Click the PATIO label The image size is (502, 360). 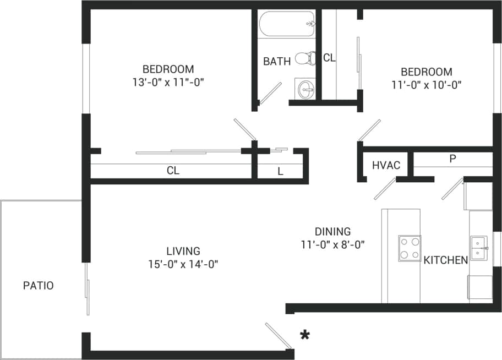coord(38,286)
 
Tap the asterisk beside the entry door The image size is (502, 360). coord(303,335)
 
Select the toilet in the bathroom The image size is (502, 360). coord(305,58)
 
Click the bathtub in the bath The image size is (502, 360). coord(286,24)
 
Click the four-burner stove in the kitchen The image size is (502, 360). coord(410,247)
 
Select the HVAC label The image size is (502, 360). coord(386,166)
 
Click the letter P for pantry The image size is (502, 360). coord(452,159)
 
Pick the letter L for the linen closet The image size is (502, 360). coord(280,171)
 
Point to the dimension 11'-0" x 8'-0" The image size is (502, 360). coord(332,244)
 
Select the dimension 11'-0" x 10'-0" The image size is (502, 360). coord(426,85)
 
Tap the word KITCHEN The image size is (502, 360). coord(445,260)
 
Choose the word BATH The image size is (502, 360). coord(276,61)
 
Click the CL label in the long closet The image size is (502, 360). coord(173,171)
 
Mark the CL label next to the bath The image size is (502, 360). coord(329,58)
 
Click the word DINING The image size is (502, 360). coord(332,232)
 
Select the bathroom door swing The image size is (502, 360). coord(270,93)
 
